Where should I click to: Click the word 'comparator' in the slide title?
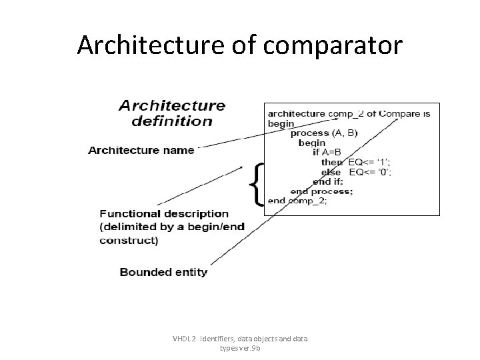click(x=336, y=45)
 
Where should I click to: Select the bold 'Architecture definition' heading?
click(x=172, y=113)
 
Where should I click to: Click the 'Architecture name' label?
click(x=141, y=151)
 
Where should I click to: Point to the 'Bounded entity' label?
click(x=163, y=272)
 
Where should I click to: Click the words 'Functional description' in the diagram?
click(x=164, y=214)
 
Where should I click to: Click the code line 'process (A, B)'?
click(x=324, y=133)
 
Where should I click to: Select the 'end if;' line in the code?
click(x=327, y=181)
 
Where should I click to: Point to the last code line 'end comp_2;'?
click(x=297, y=201)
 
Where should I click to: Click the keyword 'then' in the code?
click(x=332, y=162)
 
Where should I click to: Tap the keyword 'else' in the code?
click(x=332, y=172)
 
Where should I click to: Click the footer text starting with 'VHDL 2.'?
click(x=240, y=343)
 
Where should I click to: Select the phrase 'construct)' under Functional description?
click(x=129, y=241)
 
